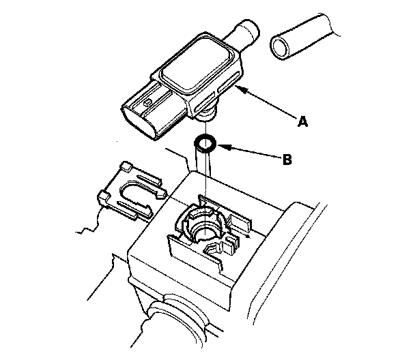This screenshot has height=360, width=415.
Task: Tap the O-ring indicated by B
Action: click(x=205, y=145)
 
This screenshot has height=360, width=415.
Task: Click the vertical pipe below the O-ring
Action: click(x=203, y=168)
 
